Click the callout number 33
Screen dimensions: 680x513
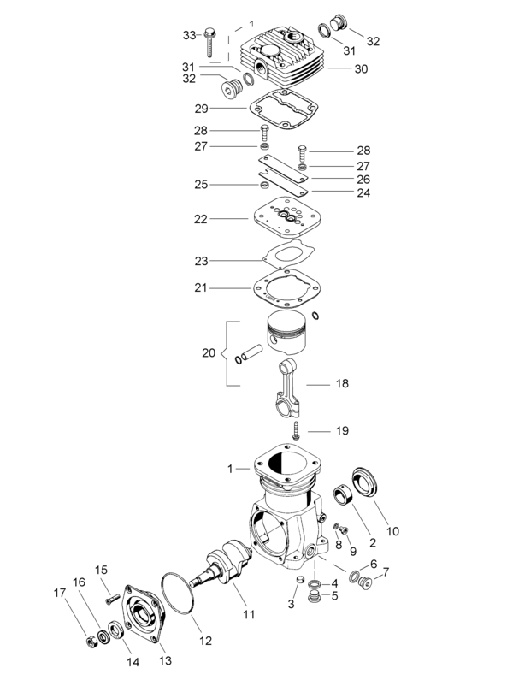[189, 35]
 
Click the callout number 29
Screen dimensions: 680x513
[201, 109]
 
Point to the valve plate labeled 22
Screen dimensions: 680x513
[283, 218]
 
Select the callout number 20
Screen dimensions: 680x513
[209, 352]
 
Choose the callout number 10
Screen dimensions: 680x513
[392, 531]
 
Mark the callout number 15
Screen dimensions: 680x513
[101, 571]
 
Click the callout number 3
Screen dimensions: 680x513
[291, 604]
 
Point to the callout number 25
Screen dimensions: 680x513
[201, 185]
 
